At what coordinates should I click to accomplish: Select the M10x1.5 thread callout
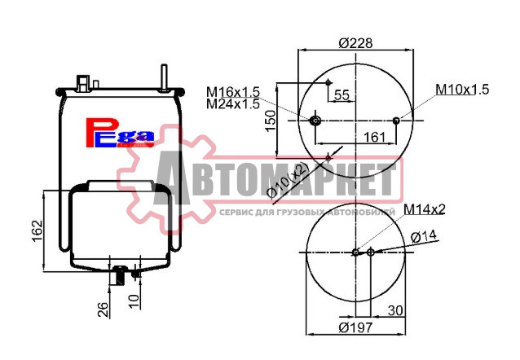(461, 89)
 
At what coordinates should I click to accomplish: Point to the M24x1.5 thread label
(232, 103)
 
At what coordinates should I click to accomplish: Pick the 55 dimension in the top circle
(342, 95)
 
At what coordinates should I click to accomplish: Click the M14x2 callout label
(424, 209)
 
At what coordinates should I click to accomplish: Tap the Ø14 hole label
(425, 236)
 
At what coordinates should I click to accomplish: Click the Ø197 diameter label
(355, 328)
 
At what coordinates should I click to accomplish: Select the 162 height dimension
(35, 231)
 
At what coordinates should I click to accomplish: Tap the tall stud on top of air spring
(165, 76)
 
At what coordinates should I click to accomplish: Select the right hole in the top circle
(396, 121)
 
